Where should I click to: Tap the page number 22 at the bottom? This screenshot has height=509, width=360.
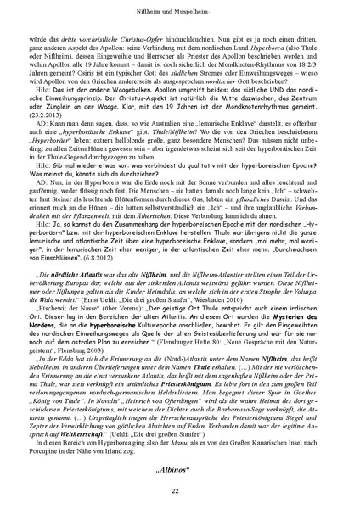coord(180,491)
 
